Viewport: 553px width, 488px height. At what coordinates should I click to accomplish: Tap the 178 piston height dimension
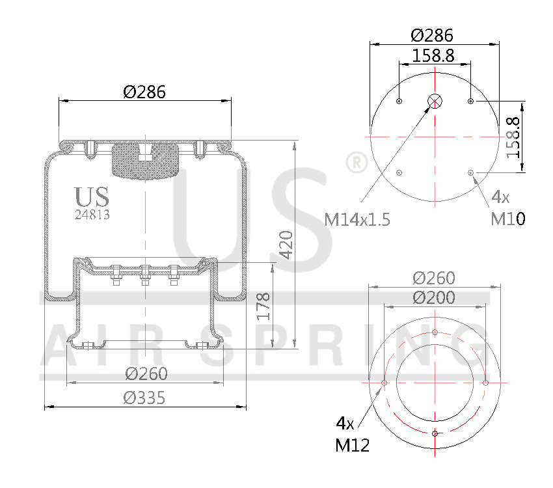click(263, 306)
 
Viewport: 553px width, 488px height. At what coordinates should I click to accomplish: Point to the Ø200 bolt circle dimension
click(434, 298)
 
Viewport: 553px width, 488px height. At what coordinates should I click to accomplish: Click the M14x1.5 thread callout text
click(357, 219)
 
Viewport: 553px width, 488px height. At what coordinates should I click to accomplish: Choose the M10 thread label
click(507, 219)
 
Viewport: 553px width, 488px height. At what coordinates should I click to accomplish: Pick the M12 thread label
click(353, 445)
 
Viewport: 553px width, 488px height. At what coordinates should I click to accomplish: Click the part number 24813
click(92, 215)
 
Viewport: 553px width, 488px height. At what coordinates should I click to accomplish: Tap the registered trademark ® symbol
click(355, 163)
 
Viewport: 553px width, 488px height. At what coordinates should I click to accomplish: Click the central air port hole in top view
click(435, 101)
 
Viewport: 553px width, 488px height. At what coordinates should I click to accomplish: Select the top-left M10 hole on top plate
click(399, 101)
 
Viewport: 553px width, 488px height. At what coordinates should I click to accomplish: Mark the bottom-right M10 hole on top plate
click(470, 172)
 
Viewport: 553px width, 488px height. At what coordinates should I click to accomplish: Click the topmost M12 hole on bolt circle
click(435, 332)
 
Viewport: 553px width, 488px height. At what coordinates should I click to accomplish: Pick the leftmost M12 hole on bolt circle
click(384, 383)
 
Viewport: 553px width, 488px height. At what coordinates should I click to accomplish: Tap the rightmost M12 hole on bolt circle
click(485, 383)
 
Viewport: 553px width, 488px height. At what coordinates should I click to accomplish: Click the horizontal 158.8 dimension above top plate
click(433, 56)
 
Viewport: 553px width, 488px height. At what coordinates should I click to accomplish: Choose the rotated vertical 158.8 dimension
click(514, 137)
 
